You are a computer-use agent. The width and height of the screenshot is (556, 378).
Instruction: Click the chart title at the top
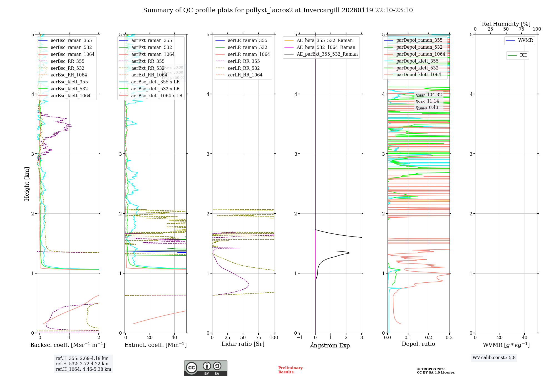(x=278, y=10)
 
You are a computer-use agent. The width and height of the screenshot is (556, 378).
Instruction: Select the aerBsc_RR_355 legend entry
(x=67, y=61)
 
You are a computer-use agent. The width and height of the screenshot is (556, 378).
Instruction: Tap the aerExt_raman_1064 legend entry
(x=153, y=54)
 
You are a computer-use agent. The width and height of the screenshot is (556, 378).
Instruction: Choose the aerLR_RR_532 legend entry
(x=244, y=68)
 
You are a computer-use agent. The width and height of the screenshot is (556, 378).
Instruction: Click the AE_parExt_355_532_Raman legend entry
(x=327, y=54)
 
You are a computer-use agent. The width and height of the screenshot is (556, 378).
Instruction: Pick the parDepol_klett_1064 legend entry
(x=418, y=74)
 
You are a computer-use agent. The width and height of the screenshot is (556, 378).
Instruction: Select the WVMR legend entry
(x=525, y=40)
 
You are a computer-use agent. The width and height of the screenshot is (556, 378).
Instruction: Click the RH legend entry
(x=523, y=55)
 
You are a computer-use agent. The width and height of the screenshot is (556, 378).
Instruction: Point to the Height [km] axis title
(x=27, y=183)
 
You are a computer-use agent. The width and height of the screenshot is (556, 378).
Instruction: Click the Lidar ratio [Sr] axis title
(x=243, y=344)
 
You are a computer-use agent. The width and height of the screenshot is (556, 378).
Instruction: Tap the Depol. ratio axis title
(x=418, y=344)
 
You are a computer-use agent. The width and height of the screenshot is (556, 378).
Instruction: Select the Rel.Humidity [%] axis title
(x=506, y=24)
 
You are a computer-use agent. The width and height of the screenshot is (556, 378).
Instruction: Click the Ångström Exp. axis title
(x=331, y=345)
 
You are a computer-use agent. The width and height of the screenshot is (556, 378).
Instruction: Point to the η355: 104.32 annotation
(x=428, y=95)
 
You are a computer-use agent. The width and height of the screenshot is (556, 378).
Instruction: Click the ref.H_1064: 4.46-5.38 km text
(x=83, y=369)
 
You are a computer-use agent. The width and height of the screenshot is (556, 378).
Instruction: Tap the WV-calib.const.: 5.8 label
(x=494, y=357)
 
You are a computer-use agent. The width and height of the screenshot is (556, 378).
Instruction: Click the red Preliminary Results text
(x=290, y=370)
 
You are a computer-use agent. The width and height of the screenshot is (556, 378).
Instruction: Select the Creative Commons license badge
(x=205, y=368)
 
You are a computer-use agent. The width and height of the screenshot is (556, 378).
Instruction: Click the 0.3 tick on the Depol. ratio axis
(x=449, y=337)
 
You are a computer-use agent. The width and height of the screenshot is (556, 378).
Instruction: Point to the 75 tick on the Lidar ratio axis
(x=259, y=337)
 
